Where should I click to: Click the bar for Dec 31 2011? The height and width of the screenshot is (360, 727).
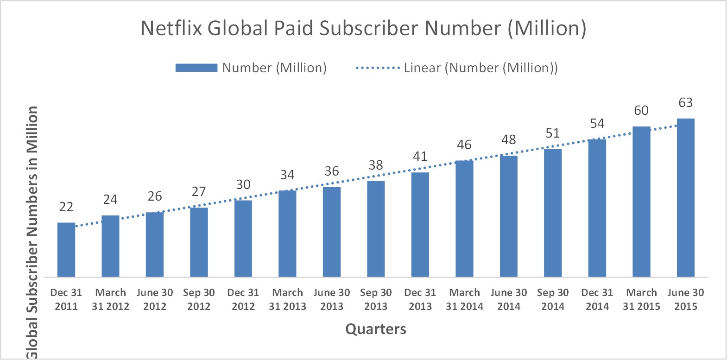click(x=66, y=250)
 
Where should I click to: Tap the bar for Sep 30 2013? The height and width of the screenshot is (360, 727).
click(x=376, y=229)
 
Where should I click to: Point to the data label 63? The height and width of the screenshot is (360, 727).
click(x=685, y=102)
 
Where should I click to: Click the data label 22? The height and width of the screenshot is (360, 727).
click(x=66, y=207)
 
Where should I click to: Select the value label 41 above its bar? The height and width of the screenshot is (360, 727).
click(x=420, y=157)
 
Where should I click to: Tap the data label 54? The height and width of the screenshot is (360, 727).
click(x=597, y=124)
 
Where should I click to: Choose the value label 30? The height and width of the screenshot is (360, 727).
click(x=243, y=184)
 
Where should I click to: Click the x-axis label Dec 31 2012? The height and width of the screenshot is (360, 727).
click(x=243, y=299)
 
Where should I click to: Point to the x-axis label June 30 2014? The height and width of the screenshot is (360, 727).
click(x=509, y=299)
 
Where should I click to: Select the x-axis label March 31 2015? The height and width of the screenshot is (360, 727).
click(x=641, y=299)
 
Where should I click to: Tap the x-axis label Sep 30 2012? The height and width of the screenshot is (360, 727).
click(x=199, y=299)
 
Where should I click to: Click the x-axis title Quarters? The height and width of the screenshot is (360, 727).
click(x=376, y=329)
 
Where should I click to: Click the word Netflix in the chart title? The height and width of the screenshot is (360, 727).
click(x=171, y=28)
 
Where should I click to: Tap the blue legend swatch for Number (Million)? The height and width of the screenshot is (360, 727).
click(x=196, y=68)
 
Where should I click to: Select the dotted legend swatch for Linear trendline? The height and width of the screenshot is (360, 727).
click(x=377, y=68)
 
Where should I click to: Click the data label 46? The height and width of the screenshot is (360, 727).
click(x=464, y=145)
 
